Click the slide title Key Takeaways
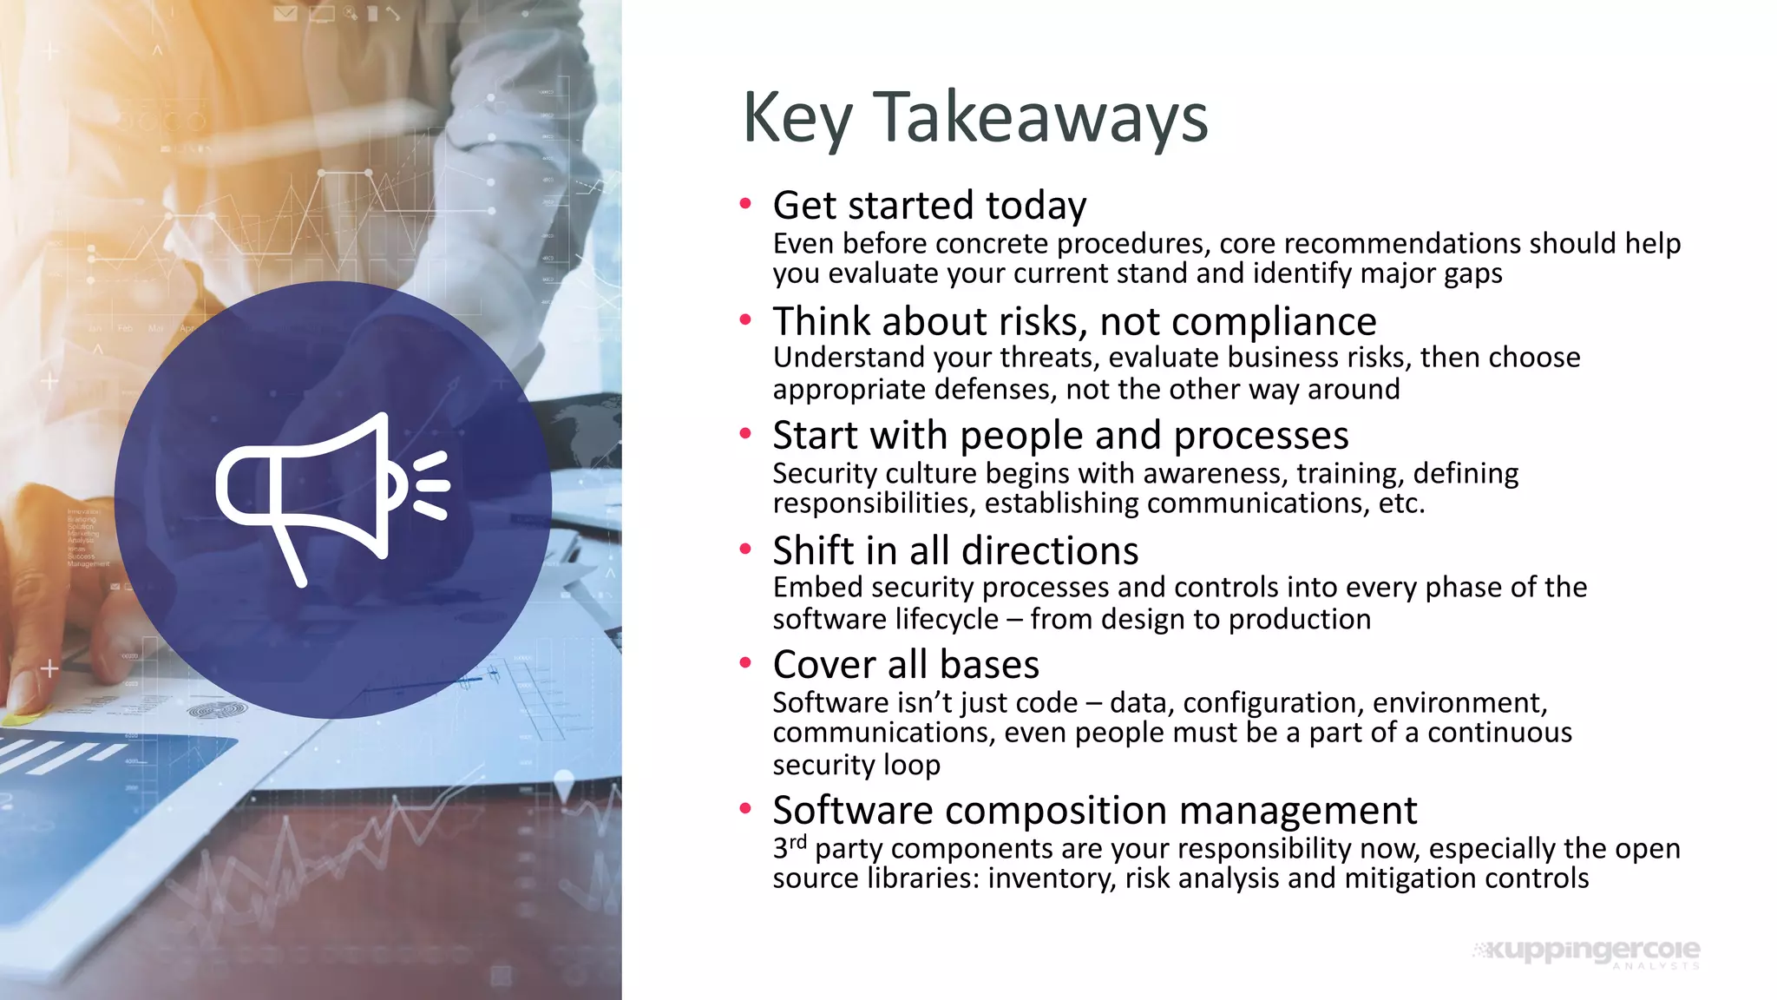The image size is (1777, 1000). [x=974, y=117]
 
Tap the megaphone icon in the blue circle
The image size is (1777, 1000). [x=332, y=497]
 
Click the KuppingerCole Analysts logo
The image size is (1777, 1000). [x=1588, y=952]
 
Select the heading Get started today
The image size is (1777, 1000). [x=929, y=206]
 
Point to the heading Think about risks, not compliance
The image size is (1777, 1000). [x=1074, y=321]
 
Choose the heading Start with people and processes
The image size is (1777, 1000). [x=1060, y=435]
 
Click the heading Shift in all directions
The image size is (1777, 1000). [x=955, y=550]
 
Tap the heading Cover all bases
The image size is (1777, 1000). [x=906, y=665]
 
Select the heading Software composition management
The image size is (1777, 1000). [x=1094, y=810]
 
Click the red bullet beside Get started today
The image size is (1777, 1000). [x=744, y=204]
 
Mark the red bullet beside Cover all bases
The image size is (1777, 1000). [x=744, y=663]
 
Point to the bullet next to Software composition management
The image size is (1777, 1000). [x=744, y=808]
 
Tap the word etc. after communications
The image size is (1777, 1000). [x=1400, y=503]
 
